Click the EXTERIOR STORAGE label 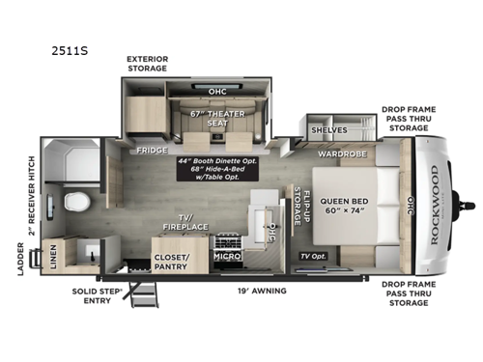(147, 63)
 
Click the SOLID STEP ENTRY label (96, 294)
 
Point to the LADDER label (19, 260)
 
